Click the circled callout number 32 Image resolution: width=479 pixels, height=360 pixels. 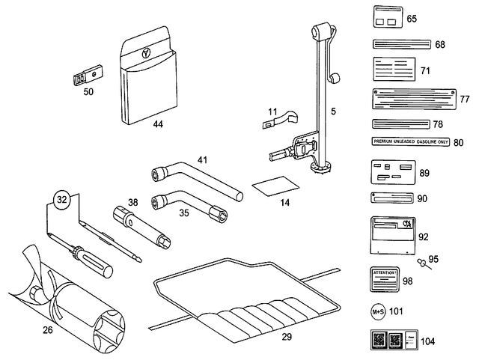point(64,199)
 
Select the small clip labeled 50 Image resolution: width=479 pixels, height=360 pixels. point(88,76)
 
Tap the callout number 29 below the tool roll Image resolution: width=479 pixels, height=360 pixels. point(286,337)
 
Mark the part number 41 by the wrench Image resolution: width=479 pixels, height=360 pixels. point(203,160)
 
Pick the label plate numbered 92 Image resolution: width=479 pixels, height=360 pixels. point(392,237)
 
